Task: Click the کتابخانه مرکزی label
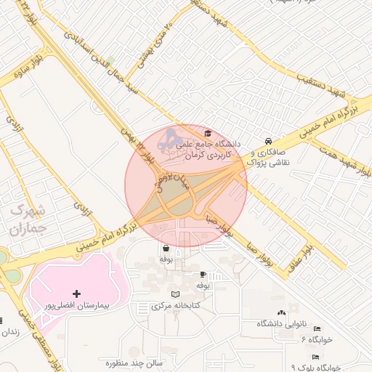[x=175, y=307]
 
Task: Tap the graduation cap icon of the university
[x=209, y=133]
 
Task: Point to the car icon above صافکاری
[x=269, y=140]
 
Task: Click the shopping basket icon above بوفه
[x=166, y=248]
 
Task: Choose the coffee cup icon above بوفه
[x=203, y=275]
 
